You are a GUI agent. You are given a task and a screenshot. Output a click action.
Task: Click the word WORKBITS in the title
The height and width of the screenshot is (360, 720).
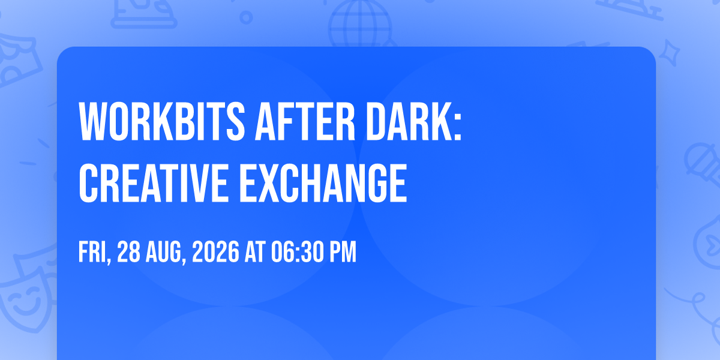162,121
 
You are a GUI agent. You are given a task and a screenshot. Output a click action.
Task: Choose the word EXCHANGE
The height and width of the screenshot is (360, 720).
323,183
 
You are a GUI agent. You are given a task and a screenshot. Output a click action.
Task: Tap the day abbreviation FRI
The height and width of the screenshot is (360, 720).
94,253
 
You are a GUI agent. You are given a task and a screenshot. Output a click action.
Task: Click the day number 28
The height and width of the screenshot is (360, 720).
128,252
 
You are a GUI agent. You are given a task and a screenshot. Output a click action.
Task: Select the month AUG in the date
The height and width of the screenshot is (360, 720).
166,253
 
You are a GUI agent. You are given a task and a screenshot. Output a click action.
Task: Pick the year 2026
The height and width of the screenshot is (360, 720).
215,252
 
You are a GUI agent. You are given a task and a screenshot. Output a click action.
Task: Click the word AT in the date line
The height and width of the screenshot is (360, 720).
255,252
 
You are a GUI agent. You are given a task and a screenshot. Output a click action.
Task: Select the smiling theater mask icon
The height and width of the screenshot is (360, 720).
26,299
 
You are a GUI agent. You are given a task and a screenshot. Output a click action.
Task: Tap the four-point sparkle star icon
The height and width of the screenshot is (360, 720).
669,53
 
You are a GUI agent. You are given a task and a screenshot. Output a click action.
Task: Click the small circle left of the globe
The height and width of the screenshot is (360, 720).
246,17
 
